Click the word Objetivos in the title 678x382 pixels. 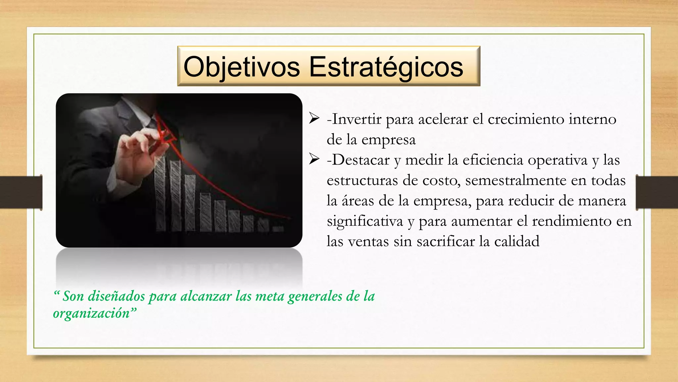click(241, 67)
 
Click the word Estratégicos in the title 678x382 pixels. click(386, 67)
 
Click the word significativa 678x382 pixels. click(364, 222)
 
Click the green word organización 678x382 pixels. click(91, 313)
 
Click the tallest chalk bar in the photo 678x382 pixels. click(161, 194)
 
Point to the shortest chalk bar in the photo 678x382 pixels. click(278, 228)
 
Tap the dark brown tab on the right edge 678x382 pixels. click(657, 192)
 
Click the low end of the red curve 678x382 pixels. click(289, 218)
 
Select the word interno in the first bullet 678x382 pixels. click(592, 119)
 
